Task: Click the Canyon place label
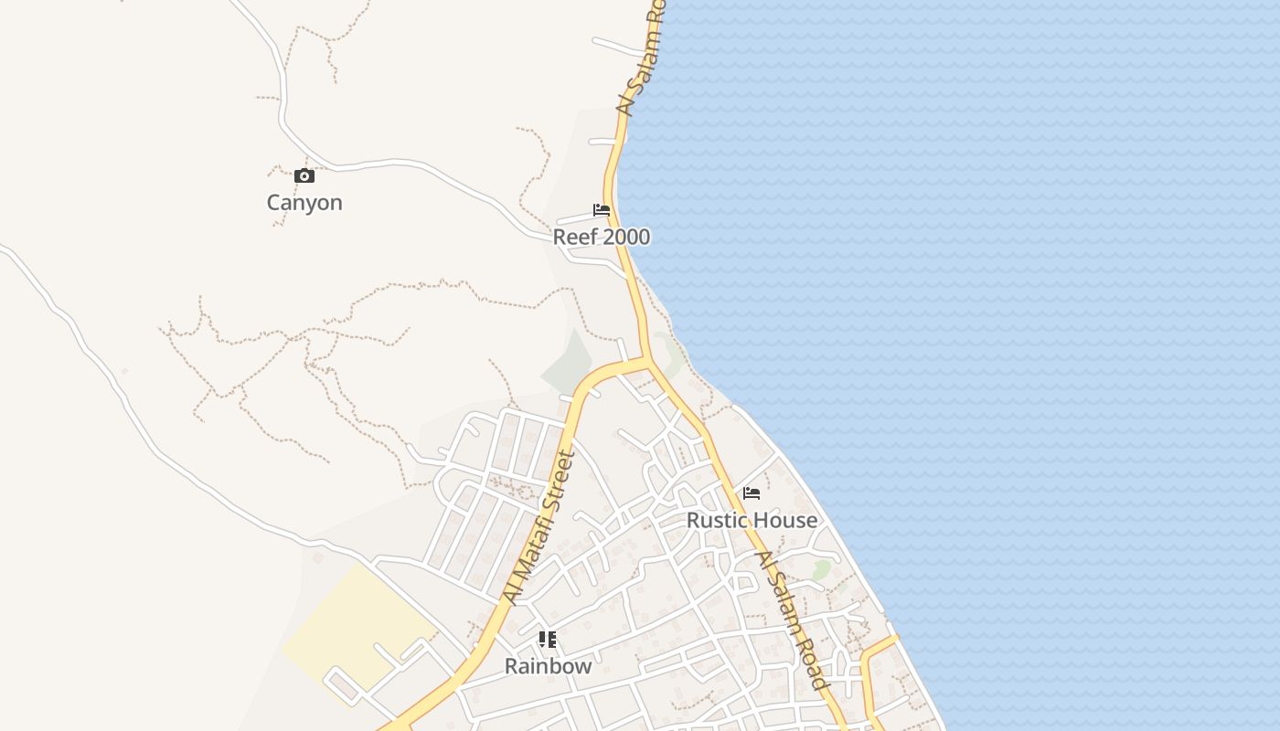click(x=304, y=203)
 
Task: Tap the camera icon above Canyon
click(x=304, y=176)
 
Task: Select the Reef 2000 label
click(x=601, y=238)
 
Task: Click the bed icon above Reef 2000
click(x=602, y=210)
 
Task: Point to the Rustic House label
click(x=752, y=521)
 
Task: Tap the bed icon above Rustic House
click(x=752, y=493)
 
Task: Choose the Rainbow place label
click(x=549, y=667)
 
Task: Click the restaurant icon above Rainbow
click(x=548, y=640)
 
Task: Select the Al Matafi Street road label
click(x=539, y=528)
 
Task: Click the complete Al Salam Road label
click(x=793, y=620)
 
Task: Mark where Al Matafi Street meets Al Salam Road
click(x=648, y=360)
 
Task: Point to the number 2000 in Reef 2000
click(x=626, y=238)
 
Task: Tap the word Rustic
click(x=716, y=521)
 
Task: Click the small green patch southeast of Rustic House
click(x=821, y=570)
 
